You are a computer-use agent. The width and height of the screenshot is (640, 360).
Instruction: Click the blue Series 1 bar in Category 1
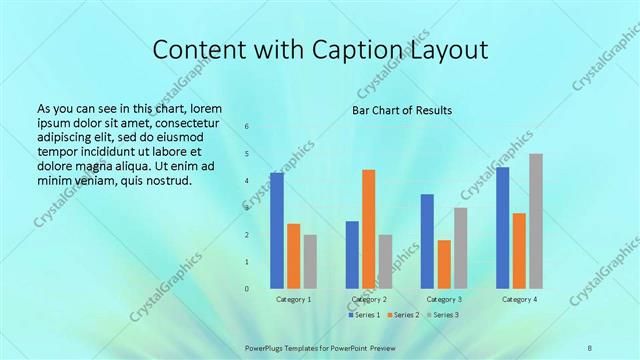(277, 230)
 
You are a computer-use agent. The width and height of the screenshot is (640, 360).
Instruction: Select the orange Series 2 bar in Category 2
(369, 229)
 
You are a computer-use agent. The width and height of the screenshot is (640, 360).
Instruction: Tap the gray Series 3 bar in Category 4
(536, 221)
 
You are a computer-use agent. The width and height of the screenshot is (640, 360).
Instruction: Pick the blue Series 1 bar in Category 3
(427, 241)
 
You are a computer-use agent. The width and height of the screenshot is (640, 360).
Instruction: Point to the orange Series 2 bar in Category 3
(444, 264)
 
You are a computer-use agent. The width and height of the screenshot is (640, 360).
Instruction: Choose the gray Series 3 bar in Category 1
(310, 261)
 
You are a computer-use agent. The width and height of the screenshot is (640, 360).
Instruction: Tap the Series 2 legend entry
(403, 315)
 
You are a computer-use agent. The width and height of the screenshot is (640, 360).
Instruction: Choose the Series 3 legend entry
(442, 315)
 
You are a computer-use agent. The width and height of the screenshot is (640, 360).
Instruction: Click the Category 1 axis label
(294, 299)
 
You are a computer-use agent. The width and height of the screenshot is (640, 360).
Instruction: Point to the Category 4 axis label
(519, 299)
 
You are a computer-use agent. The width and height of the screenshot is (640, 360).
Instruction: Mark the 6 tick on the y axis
(247, 127)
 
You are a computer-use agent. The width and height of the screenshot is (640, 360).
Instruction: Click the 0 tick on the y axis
(247, 289)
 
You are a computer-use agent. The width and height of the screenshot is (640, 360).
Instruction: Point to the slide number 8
(590, 347)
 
